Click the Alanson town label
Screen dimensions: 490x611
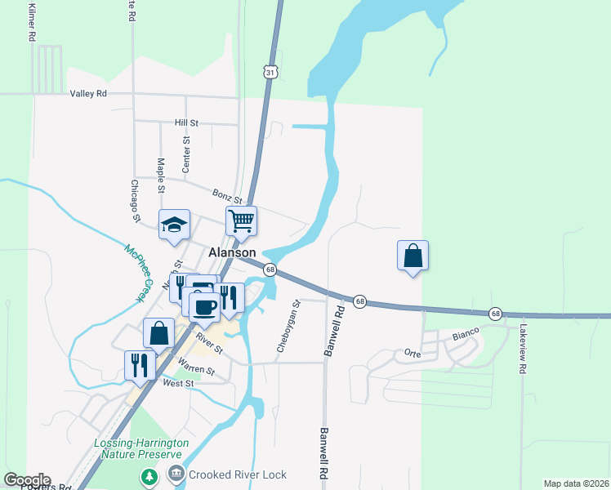(233, 253)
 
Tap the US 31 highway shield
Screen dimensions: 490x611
(270, 73)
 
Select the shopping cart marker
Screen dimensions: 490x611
(242, 220)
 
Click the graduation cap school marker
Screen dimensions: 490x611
(174, 225)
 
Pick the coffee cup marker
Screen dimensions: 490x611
(204, 306)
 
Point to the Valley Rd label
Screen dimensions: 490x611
(88, 94)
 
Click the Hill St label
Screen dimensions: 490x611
(186, 122)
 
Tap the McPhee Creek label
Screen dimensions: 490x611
(139, 274)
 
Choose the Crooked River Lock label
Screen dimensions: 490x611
(238, 474)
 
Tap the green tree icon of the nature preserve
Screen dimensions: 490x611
(149, 474)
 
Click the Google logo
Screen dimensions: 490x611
(27, 480)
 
